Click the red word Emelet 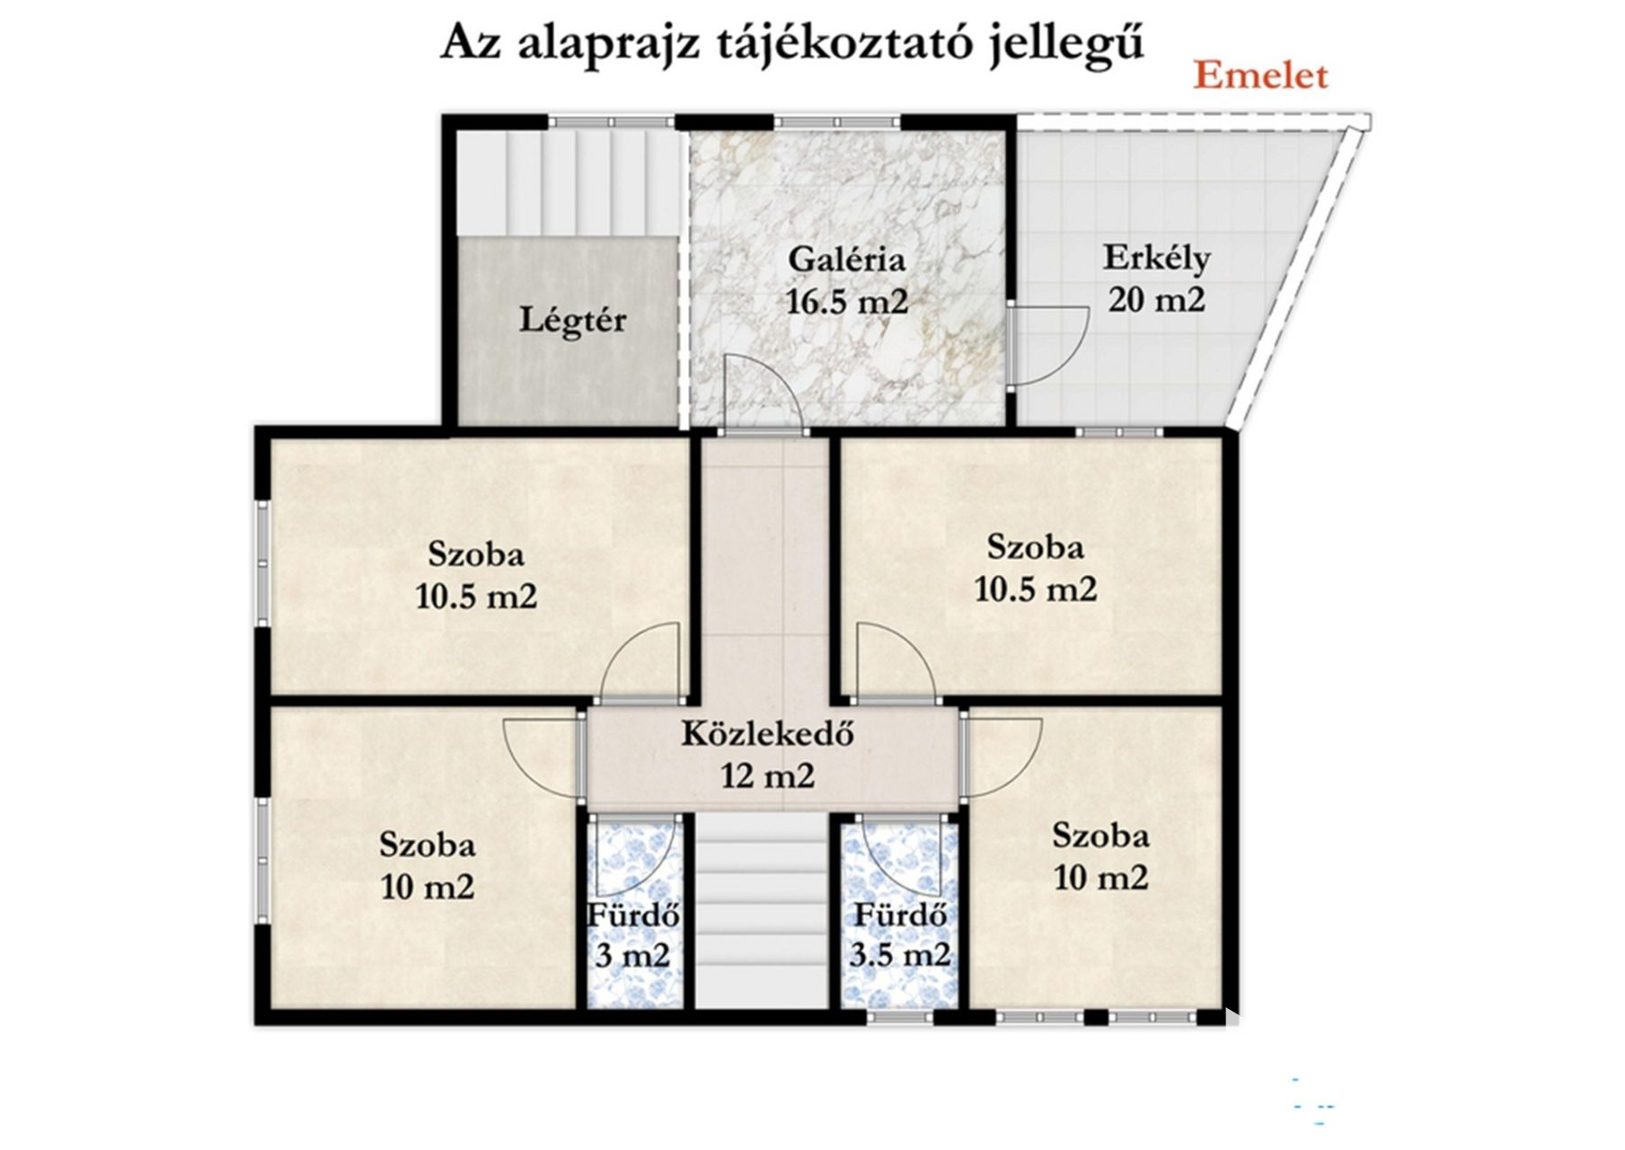point(1260,76)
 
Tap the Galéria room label point(846,260)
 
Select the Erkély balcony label point(1157,258)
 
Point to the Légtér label point(572,320)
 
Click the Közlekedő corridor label point(767,734)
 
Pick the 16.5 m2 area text point(847,302)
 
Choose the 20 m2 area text point(1156,299)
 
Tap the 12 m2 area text point(768,774)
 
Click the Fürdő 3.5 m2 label point(900,935)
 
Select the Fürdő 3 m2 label point(633,935)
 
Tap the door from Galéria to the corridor point(761,394)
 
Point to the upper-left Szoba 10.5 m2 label point(476,575)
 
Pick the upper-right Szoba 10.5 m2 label point(1036,568)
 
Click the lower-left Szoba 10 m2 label point(428,866)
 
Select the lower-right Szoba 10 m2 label point(1101,856)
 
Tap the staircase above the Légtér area point(567,183)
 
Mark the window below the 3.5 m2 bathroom point(901,1017)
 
